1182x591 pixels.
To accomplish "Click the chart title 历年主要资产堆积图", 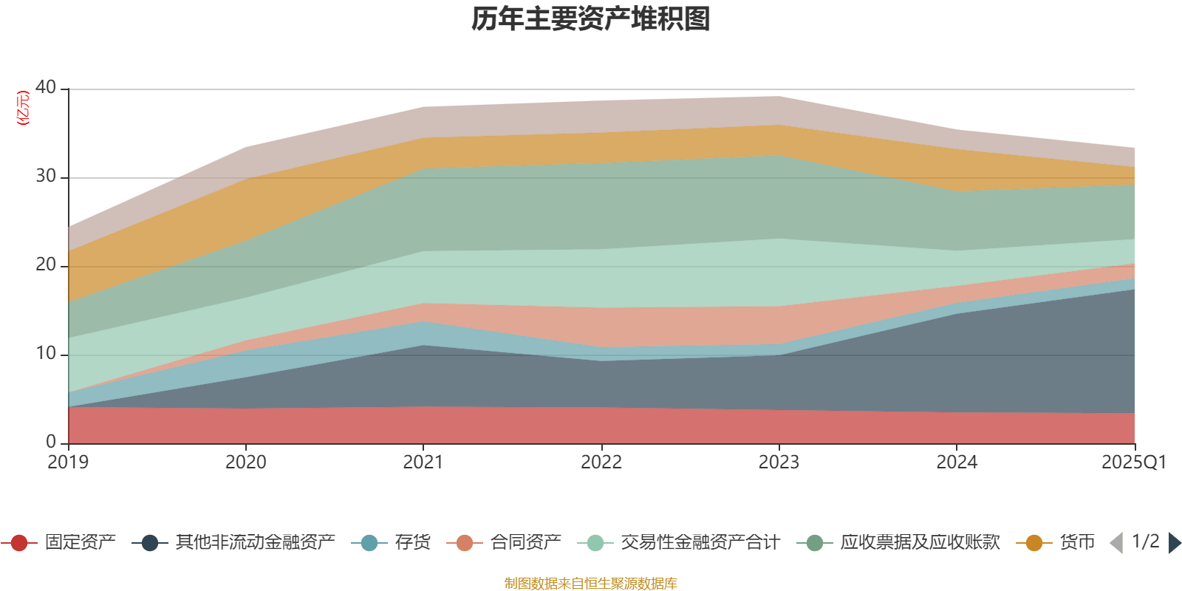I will point(591,19).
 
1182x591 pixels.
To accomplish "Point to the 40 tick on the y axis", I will point(46,87).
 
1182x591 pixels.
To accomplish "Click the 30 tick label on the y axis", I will point(46,176).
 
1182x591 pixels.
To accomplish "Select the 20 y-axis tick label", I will point(46,264).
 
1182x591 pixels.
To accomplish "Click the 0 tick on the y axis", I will point(51,442).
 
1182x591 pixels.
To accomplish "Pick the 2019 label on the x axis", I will point(68,462).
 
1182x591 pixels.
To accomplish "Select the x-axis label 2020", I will point(245,462).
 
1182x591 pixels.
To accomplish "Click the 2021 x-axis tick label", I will point(423,462).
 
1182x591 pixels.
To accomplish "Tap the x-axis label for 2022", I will point(601,462).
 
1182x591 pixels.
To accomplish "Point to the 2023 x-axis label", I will point(779,462).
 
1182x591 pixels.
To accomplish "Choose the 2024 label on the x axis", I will point(957,462).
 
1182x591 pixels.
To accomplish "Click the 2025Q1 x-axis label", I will point(1133,462).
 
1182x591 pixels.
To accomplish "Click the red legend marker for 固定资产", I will point(20,543).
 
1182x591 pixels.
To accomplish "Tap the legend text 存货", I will point(412,543).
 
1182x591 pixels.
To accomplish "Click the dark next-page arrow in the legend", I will point(1174,543).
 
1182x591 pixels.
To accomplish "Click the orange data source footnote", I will point(591,584).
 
